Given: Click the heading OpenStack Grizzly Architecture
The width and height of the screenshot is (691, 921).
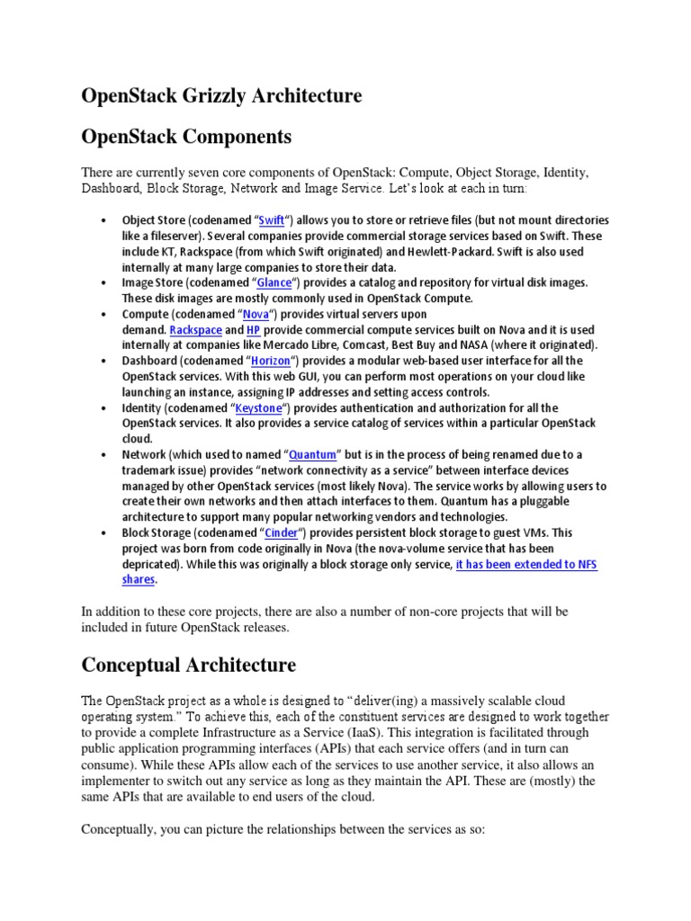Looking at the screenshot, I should coord(221,96).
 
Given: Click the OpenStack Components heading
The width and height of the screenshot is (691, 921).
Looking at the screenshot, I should coord(186,137).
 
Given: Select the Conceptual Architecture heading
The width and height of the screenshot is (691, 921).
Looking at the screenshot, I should coord(188,665).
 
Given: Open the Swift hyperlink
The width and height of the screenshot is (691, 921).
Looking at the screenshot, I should coord(271,220).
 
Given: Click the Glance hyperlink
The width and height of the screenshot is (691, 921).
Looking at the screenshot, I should coord(274,282).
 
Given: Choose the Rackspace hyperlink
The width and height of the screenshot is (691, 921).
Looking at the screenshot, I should coord(195,330).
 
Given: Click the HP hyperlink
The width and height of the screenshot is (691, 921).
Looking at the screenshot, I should coord(254,330).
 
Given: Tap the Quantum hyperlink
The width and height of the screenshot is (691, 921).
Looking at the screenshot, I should coord(311,455).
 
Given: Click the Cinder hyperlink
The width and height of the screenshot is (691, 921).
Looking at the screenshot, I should coord(282,533).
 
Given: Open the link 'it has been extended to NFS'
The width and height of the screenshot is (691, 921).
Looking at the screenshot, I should coord(526,565).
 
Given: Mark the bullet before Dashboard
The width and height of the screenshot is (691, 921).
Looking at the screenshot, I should coord(104,362).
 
